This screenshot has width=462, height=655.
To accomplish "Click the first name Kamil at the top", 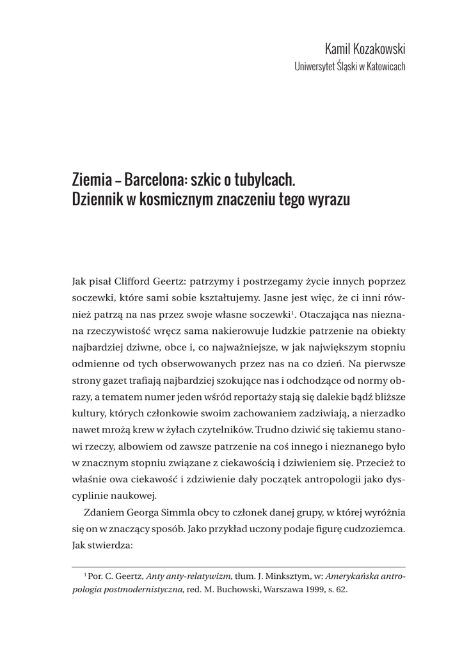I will click(x=339, y=49).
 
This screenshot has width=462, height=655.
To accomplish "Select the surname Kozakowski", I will click(x=380, y=49).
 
